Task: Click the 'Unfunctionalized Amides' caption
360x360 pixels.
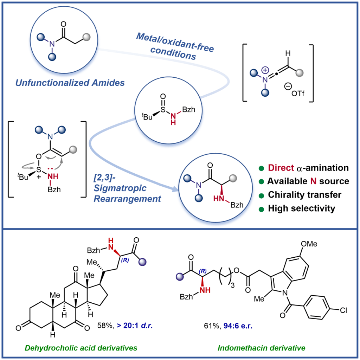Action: click(69, 83)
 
